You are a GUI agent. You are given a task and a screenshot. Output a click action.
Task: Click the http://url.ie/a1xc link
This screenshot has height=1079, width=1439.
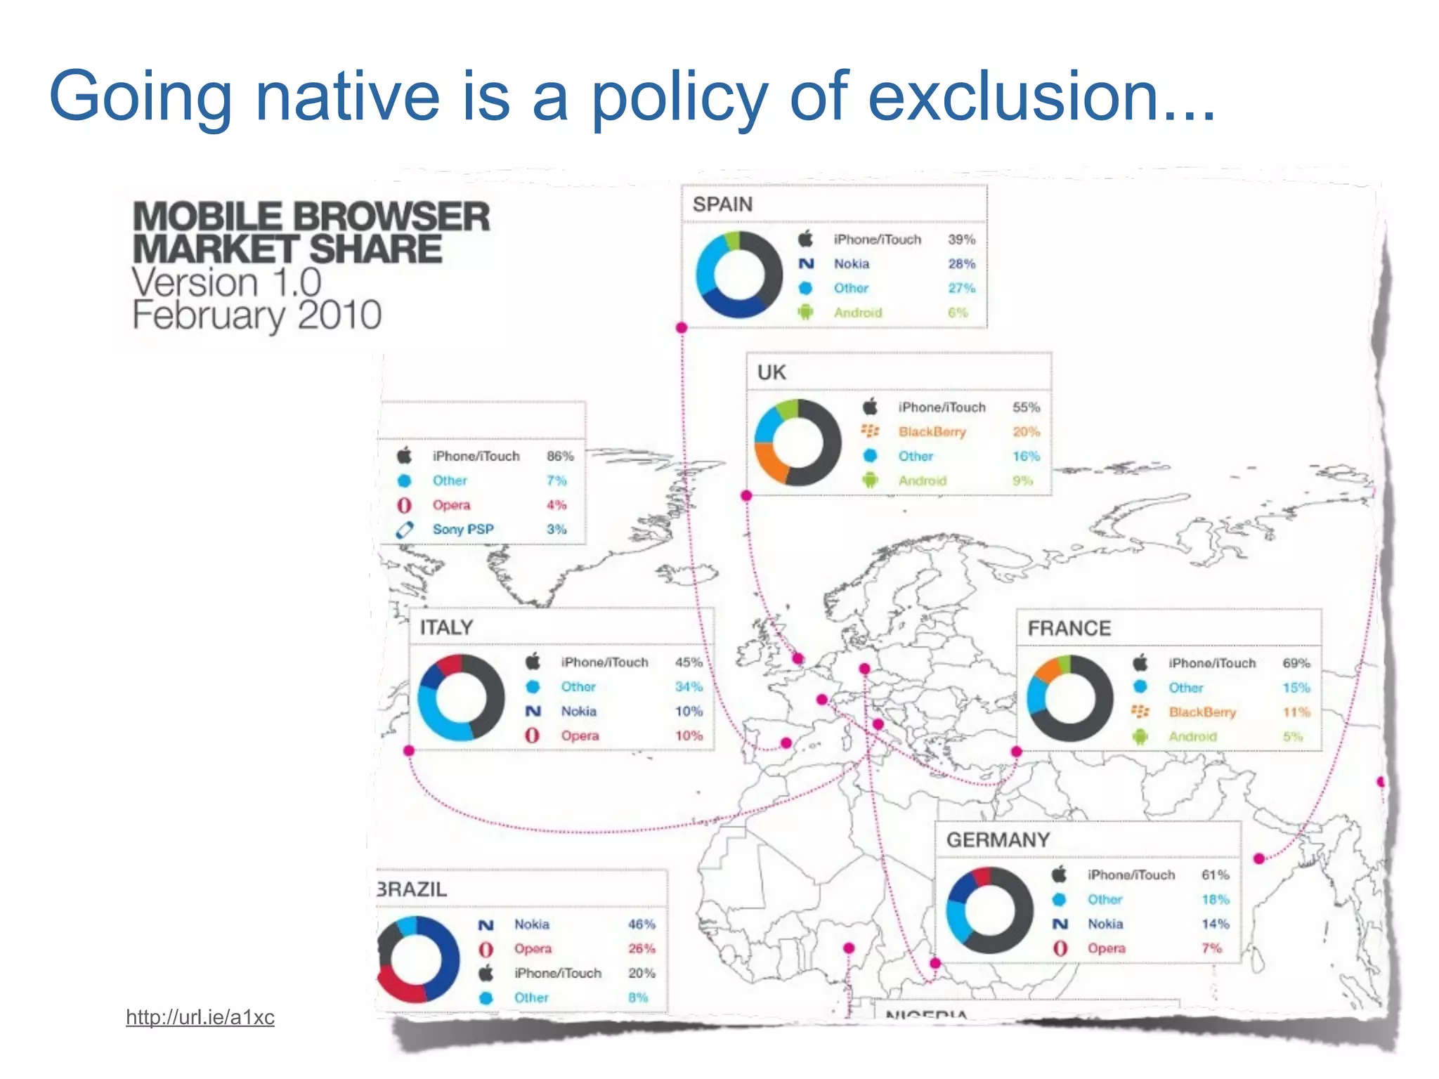pos(200,1017)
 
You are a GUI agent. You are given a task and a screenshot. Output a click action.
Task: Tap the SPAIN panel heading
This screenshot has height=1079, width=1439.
pos(722,204)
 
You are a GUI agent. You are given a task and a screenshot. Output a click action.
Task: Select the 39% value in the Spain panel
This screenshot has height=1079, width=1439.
pos(961,240)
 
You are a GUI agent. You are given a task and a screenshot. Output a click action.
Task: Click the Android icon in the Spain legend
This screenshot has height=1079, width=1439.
pos(805,312)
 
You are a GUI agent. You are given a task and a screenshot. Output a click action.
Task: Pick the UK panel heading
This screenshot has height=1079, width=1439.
pos(771,372)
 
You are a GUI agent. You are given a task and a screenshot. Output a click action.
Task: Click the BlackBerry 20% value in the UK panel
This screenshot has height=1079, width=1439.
pos(1026,432)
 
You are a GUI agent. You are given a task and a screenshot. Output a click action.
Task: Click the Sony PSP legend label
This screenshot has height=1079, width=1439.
pos(463,529)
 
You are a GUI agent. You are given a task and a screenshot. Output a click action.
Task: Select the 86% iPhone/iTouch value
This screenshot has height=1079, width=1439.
pos(560,456)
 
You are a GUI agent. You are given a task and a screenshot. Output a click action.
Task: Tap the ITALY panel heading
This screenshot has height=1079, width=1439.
pos(446,627)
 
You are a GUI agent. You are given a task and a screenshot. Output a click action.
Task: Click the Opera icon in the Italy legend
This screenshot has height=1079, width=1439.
pos(533,735)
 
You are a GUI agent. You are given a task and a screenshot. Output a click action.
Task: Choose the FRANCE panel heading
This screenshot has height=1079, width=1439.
pos(1069,628)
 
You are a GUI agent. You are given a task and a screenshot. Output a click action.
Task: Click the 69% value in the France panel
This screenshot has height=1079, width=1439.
pos(1296,663)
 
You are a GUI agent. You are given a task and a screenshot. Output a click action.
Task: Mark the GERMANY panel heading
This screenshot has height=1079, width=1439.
pos(998,840)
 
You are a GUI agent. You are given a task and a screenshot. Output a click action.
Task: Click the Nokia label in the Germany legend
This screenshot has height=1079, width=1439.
pos(1105,924)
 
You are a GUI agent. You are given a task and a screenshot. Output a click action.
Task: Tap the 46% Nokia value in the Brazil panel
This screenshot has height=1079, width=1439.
pos(641,924)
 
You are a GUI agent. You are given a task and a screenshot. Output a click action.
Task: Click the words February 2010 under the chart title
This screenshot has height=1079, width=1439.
pos(256,315)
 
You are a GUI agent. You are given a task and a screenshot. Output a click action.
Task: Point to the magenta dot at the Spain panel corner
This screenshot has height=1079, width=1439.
pos(681,327)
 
